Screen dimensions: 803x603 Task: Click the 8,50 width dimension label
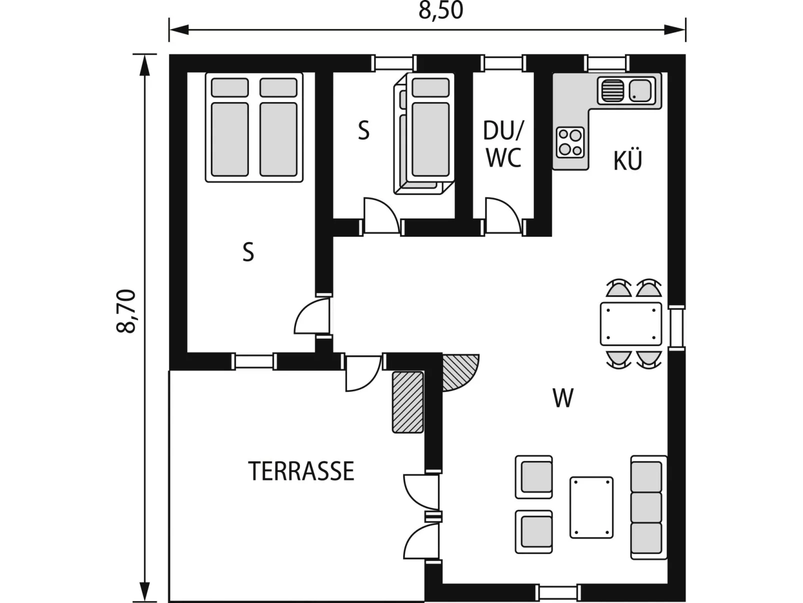(441, 11)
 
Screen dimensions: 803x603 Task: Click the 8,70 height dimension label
(126, 311)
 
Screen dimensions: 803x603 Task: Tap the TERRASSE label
(301, 471)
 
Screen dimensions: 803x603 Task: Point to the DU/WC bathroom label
(503, 144)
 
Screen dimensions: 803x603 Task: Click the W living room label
(563, 398)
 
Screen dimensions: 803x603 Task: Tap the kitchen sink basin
(640, 91)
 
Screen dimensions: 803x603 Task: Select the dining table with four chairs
(631, 324)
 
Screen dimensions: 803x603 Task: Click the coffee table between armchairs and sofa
(591, 507)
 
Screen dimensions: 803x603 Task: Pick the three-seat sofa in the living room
(648, 507)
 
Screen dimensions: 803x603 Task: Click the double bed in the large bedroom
(254, 128)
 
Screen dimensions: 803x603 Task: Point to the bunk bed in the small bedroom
(424, 133)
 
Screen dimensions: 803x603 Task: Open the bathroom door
(503, 216)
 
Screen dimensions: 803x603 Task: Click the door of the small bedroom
(381, 216)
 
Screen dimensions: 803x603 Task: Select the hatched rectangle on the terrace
(408, 402)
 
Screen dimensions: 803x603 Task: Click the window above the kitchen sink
(607, 64)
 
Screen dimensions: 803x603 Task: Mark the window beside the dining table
(677, 328)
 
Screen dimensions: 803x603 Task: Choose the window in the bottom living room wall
(558, 593)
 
